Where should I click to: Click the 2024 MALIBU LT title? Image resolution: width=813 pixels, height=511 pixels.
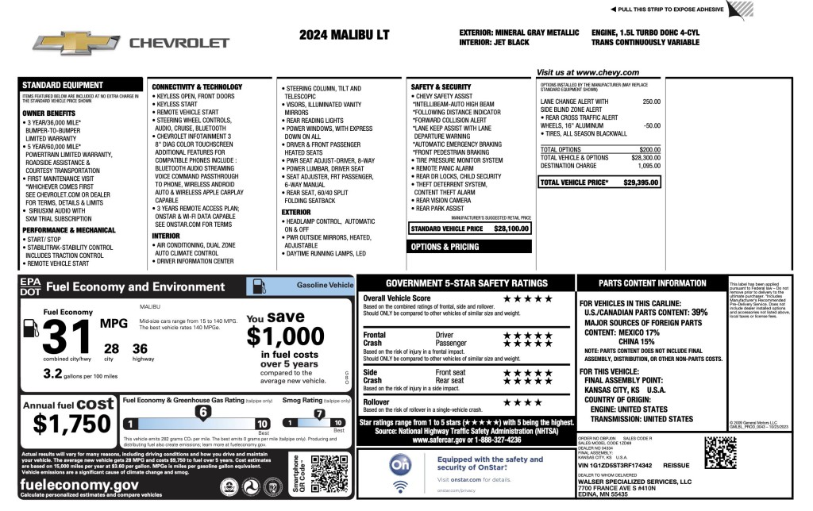(345, 36)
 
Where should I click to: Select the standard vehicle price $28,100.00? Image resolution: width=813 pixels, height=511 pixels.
(511, 229)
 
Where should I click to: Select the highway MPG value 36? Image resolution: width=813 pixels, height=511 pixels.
(140, 348)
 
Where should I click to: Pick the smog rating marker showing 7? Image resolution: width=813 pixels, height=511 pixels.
(319, 413)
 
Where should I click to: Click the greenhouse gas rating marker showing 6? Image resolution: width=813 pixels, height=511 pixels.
(203, 412)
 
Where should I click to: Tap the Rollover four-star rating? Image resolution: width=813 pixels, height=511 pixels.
(522, 402)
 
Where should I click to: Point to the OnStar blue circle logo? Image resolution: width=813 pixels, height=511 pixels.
(401, 463)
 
